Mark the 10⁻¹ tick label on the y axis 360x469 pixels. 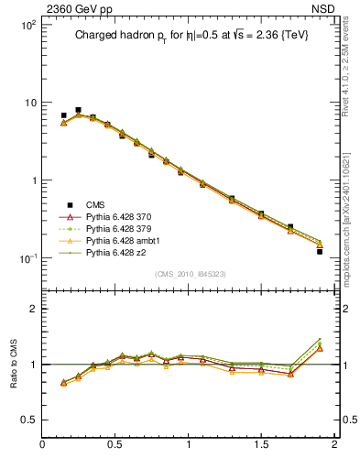27,258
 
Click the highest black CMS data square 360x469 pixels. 78,110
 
